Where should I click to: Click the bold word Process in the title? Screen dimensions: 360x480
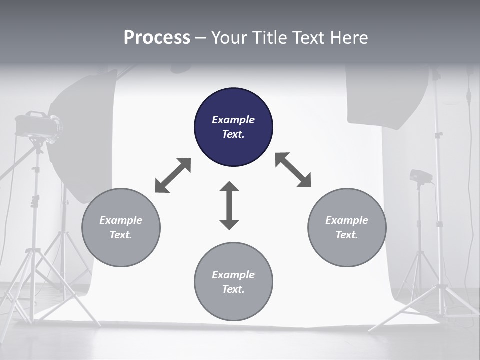pyautogui.click(x=157, y=38)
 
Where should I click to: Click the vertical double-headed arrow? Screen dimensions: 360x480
pyautogui.click(x=229, y=205)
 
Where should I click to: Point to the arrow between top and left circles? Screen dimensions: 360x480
pyautogui.click(x=173, y=175)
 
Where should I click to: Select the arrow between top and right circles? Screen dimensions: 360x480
pyautogui.click(x=293, y=170)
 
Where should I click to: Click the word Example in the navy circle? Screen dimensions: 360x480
pyautogui.click(x=233, y=120)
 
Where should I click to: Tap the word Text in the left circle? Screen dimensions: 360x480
pyautogui.click(x=121, y=235)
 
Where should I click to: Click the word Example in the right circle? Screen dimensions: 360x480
pyautogui.click(x=347, y=220)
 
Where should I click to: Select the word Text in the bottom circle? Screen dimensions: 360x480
pyautogui.click(x=233, y=289)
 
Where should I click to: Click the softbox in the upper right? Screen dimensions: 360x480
pyautogui.click(x=387, y=95)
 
